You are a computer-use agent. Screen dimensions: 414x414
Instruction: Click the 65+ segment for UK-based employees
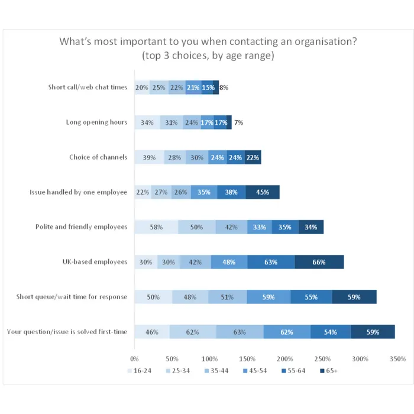[x=319, y=262]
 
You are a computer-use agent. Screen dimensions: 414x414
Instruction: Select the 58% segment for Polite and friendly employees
[x=156, y=227]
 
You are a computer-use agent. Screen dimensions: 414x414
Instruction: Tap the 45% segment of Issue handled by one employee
[x=263, y=192]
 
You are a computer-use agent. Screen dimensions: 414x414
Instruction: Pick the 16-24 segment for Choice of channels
[x=149, y=157]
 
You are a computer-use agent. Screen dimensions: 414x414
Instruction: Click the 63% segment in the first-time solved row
[x=240, y=332]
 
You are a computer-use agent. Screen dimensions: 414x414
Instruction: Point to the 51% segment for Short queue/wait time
[x=228, y=297]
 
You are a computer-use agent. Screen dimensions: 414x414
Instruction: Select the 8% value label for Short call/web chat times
[x=224, y=88]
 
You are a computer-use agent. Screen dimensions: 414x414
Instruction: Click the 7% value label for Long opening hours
[x=238, y=122]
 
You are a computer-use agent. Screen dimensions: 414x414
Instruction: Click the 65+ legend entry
[x=328, y=371]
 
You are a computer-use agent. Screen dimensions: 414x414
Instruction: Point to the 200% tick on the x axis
[x=284, y=358]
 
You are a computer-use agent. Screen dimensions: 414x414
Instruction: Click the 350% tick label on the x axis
[x=397, y=358]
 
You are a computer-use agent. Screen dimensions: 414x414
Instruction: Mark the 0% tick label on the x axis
[x=134, y=358]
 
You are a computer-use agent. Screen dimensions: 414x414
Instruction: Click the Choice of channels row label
[x=98, y=157]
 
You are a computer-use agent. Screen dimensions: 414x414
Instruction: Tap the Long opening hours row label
[x=96, y=122]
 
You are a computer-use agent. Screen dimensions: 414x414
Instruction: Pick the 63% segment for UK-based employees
[x=271, y=262]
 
